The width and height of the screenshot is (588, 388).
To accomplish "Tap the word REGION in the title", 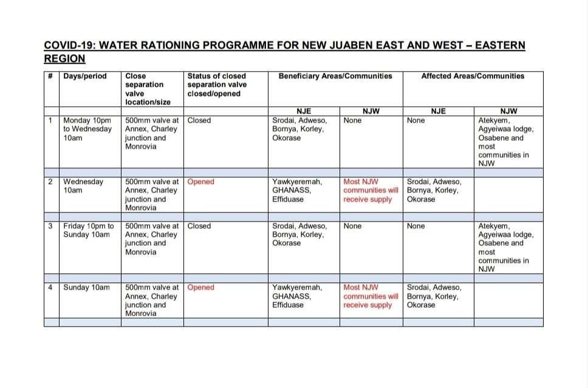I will pyautogui.click(x=64, y=59).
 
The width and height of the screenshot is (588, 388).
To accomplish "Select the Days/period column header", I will pyautogui.click(x=85, y=77).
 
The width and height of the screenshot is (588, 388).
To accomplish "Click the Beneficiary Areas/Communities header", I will pyautogui.click(x=335, y=77).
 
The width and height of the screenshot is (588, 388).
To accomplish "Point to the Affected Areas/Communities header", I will pyautogui.click(x=473, y=77).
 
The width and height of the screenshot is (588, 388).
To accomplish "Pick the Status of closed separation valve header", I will pyautogui.click(x=217, y=85).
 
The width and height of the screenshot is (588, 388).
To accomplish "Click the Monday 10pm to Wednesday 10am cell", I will pyautogui.click(x=87, y=129).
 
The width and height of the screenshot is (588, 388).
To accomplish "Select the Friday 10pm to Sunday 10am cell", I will pyautogui.click(x=89, y=230).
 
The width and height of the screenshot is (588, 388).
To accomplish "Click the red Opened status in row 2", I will pyautogui.click(x=200, y=182).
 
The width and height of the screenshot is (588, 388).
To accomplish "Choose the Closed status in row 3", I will pyautogui.click(x=199, y=226).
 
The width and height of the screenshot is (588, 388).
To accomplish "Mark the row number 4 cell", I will pyautogui.click(x=50, y=287).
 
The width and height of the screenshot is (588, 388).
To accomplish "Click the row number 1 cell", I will pyautogui.click(x=50, y=120).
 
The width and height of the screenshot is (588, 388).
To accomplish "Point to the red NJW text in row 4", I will pyautogui.click(x=371, y=296).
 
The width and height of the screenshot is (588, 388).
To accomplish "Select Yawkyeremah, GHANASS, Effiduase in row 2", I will pyautogui.click(x=298, y=190).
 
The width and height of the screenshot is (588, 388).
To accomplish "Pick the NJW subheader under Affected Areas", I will pyautogui.click(x=508, y=111).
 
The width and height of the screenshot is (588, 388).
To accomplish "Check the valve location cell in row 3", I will pyautogui.click(x=151, y=239).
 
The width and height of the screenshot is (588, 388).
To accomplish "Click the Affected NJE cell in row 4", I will pyautogui.click(x=434, y=296).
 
